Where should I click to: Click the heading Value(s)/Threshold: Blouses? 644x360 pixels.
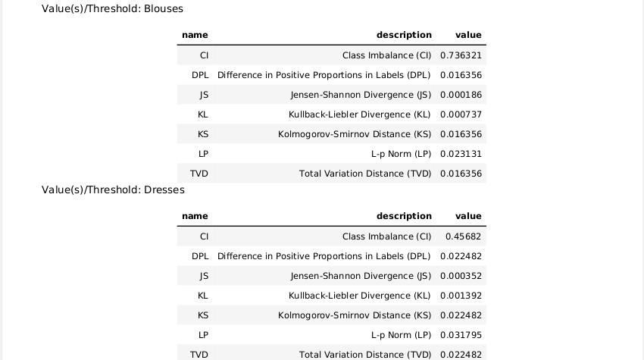coord(112,9)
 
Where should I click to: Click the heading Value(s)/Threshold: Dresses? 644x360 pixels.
coord(113,189)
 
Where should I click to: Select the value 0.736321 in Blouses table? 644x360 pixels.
coord(461,55)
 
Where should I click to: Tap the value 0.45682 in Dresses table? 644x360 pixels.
coord(463,236)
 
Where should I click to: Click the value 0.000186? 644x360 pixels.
coord(461,95)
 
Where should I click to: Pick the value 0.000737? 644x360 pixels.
coord(461,114)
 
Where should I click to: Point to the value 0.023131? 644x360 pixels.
coord(461,154)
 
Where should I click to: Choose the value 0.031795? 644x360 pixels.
coord(461,335)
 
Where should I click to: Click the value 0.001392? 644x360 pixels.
coord(461,296)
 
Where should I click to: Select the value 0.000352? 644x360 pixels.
coord(461,276)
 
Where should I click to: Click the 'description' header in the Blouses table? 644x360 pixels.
coord(404,35)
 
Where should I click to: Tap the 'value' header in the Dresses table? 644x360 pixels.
coord(468,216)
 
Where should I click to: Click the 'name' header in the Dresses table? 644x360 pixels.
coord(195,216)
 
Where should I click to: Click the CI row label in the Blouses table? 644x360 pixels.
coord(204,55)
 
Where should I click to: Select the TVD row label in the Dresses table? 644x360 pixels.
coord(199,355)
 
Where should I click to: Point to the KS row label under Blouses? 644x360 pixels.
coord(202,134)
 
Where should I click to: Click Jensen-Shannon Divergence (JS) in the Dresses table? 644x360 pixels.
coord(361,276)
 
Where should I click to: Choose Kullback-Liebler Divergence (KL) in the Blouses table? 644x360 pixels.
coord(360,114)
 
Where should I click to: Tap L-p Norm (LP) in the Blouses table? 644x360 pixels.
coord(401,154)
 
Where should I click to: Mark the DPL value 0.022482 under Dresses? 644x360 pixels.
coord(461,256)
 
